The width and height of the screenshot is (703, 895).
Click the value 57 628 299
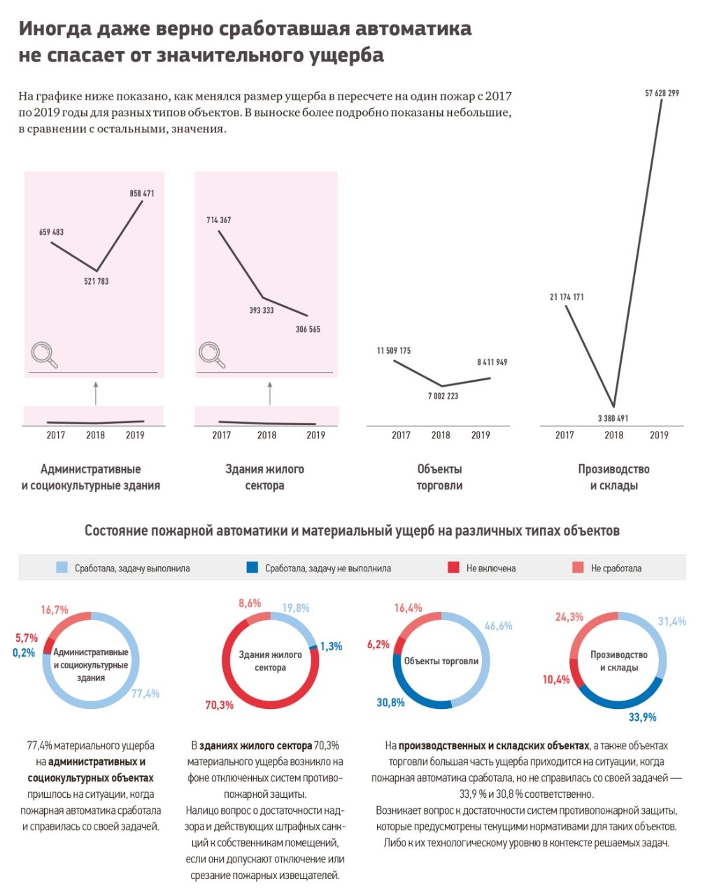[x=661, y=93]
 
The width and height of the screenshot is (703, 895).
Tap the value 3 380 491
[x=613, y=418]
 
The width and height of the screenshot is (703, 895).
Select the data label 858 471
[x=142, y=194]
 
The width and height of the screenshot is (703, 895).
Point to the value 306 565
[x=308, y=329]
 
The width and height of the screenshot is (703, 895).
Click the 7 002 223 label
[x=443, y=396]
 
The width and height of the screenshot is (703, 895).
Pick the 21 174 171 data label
[x=567, y=297]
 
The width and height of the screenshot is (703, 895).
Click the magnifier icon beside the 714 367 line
[x=212, y=355]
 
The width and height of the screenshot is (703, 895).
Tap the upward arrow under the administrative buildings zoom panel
[x=96, y=393]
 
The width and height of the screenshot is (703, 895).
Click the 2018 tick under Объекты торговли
[x=441, y=435]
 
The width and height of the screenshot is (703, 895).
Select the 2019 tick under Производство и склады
[x=659, y=435]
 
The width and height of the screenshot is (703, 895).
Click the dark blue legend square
[x=253, y=568]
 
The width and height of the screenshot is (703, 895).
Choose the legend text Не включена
[x=490, y=568]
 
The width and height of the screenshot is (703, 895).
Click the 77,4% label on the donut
[x=145, y=694]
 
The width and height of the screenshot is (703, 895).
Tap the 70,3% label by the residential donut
[x=219, y=706]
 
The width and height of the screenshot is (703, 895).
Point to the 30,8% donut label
[x=390, y=702]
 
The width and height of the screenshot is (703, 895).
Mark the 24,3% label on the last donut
[x=569, y=617]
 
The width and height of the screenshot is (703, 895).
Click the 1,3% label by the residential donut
[x=331, y=647]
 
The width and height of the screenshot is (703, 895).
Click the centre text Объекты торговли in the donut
[x=441, y=661]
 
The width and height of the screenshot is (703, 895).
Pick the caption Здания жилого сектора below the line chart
[x=264, y=477]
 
